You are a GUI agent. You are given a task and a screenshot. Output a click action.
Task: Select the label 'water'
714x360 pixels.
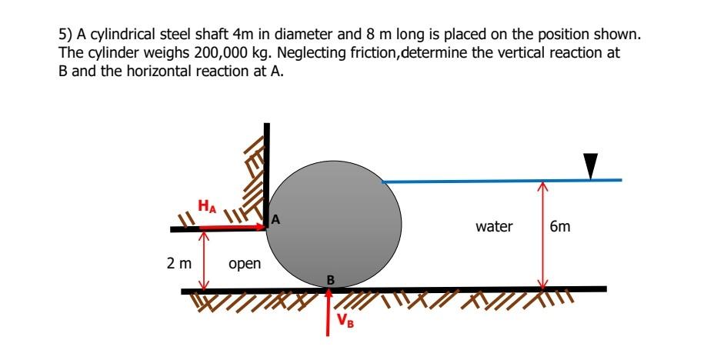click(494, 227)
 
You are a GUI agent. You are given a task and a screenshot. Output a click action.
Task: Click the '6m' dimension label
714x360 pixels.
click(562, 227)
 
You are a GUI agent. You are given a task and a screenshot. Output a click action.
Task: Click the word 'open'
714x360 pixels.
click(245, 264)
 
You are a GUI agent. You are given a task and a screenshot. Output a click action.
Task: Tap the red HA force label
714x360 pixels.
click(206, 206)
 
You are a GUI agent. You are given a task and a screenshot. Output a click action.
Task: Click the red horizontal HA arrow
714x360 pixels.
click(231, 228)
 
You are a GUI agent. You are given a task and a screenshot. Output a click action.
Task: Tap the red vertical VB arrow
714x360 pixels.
click(329, 312)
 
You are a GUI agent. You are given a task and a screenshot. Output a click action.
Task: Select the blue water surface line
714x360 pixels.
click(500, 181)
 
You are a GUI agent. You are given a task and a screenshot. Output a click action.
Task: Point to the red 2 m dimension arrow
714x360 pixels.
click(204, 261)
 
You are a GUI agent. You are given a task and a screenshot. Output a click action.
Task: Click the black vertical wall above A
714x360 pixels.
click(267, 169)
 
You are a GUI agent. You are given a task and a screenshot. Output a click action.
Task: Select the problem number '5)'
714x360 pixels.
click(65, 36)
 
